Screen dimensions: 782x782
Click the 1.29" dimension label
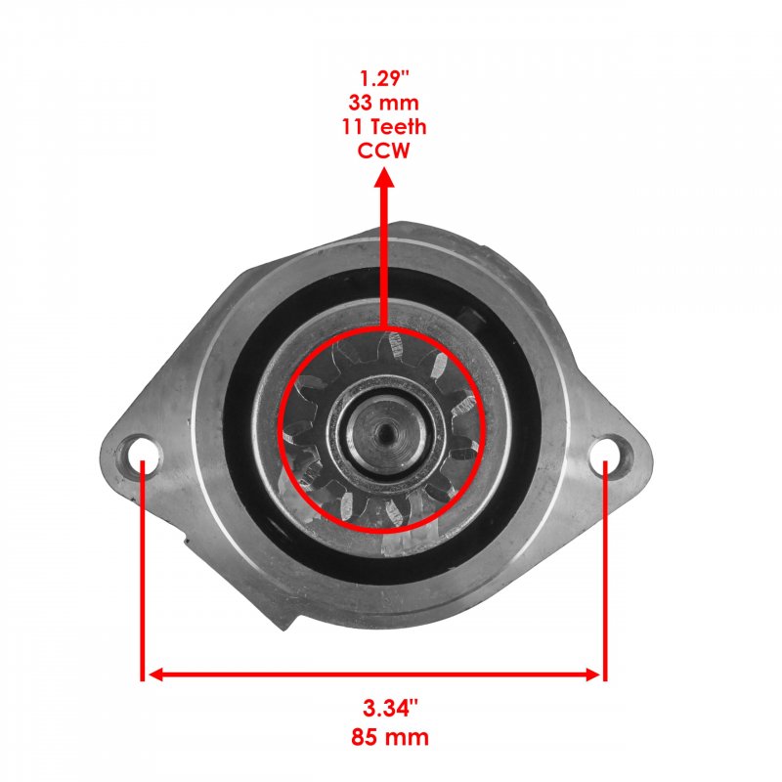[x=384, y=78]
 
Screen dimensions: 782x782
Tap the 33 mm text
[x=383, y=103]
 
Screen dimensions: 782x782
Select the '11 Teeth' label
[x=384, y=127]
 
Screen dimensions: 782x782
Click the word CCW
[x=383, y=151]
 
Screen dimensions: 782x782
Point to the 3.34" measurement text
[x=389, y=708]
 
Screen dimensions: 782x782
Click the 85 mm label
[x=389, y=737]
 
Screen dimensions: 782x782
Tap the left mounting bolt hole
[x=144, y=454]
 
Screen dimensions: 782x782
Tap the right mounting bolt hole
[x=605, y=454]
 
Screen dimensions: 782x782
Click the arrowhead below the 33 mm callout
[x=384, y=177]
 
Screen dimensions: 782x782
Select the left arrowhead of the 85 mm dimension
[x=156, y=674]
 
